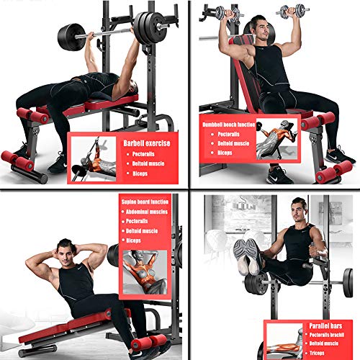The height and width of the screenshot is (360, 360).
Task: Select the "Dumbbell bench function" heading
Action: click(228, 123)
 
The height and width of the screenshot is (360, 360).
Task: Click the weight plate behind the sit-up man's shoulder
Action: click(112, 256)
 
